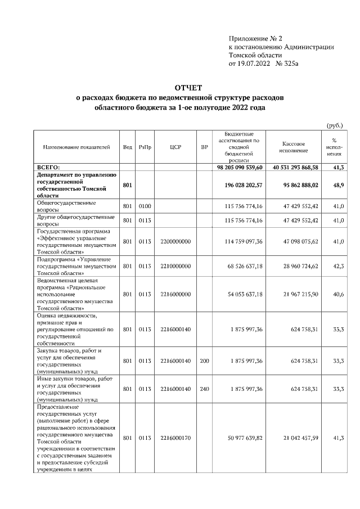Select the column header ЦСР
pyautogui.click(x=174, y=147)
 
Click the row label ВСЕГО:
pyautogui.click(x=52, y=168)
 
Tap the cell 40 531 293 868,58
pyautogui.click(x=295, y=168)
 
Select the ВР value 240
pyautogui.click(x=204, y=389)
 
